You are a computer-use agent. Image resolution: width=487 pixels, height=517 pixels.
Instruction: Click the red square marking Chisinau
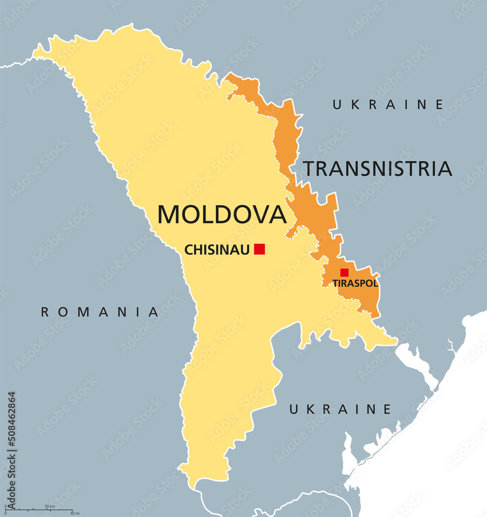[259, 249]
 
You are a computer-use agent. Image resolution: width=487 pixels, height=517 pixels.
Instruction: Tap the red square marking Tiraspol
[344, 272]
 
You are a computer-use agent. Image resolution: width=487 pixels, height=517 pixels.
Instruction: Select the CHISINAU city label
[217, 250]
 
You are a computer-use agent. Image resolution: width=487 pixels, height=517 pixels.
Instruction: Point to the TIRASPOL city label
[355, 283]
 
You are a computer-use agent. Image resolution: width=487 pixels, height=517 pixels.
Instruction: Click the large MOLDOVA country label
[222, 215]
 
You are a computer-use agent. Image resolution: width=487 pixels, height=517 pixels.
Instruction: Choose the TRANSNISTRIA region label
[377, 169]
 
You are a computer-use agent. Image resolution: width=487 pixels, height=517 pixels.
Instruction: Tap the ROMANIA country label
[100, 312]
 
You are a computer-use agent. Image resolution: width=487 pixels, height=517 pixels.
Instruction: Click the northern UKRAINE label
[388, 104]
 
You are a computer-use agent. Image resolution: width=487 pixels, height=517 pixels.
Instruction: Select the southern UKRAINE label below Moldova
[340, 409]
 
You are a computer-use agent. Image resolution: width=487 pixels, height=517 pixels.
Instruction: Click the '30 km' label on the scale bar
[50, 506]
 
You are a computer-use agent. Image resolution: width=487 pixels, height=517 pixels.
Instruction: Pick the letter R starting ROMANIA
[46, 312]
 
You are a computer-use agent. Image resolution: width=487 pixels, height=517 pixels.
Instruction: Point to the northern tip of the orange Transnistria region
[228, 75]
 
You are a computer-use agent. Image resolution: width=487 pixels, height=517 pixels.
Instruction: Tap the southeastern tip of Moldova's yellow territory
[396, 341]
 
